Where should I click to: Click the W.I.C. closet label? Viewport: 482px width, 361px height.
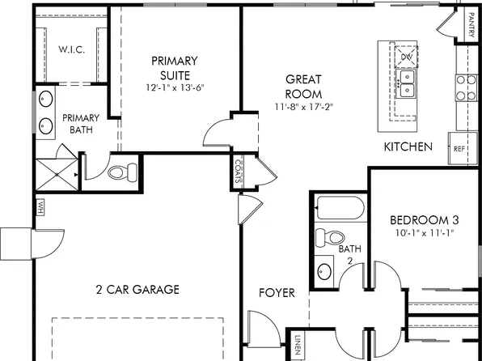pos(72,49)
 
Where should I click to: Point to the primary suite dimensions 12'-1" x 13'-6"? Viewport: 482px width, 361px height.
pos(177,87)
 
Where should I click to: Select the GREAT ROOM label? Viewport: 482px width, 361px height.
pos(304,87)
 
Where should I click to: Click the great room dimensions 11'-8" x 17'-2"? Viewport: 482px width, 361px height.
pos(304,106)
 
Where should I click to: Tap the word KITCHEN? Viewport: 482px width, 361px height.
pos(408,147)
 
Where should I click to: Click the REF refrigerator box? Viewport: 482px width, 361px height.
pos(459,148)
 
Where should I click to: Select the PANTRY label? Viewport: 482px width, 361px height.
pos(471,26)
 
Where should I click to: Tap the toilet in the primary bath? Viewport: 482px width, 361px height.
pos(122,172)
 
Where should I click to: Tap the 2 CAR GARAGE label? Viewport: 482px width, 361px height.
pos(137,289)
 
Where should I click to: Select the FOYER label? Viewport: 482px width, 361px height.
pos(277,292)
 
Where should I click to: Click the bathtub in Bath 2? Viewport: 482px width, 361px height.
pos(340,210)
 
